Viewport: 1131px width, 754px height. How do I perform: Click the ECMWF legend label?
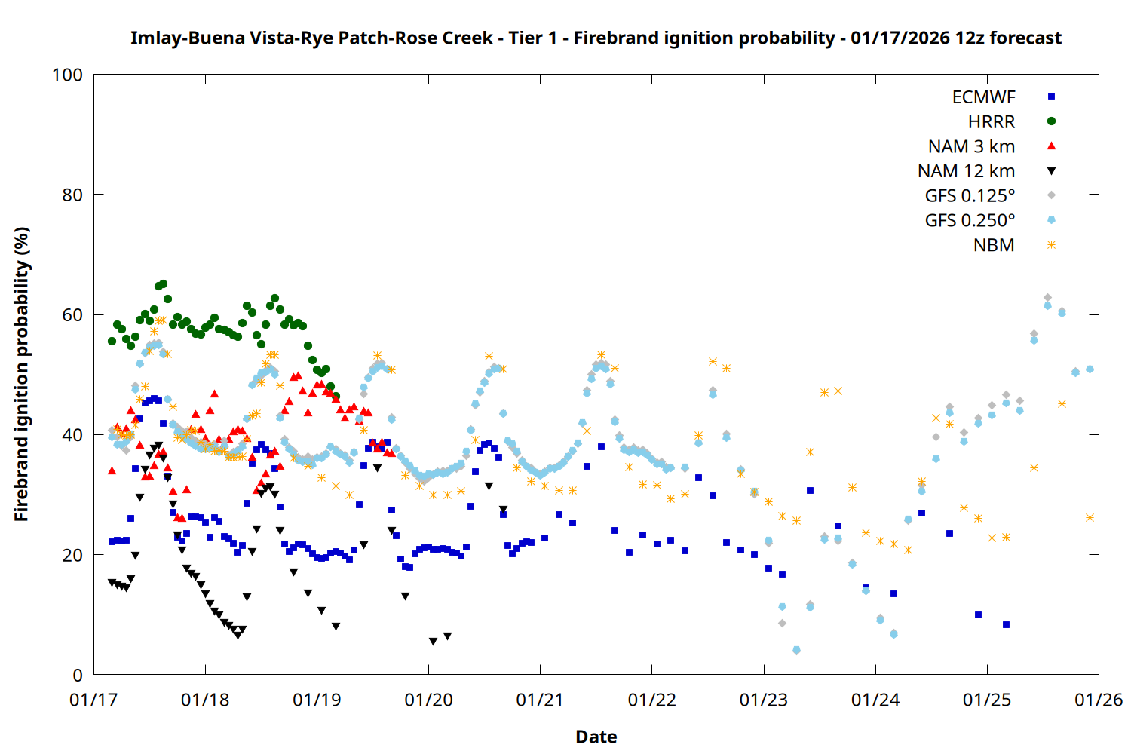pos(983,97)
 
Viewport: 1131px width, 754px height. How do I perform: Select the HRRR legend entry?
pos(992,122)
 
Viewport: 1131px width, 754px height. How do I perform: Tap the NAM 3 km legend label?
pos(971,147)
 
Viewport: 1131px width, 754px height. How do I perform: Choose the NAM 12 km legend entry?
pos(966,172)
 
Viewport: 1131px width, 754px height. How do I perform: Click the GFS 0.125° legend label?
pos(970,197)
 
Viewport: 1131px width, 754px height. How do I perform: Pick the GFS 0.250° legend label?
pos(970,221)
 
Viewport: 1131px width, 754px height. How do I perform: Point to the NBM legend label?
pos(994,246)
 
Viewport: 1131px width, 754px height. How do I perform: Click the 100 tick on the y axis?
pos(67,75)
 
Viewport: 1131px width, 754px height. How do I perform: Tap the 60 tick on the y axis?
pos(72,315)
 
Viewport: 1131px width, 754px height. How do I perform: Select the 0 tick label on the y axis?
pos(78,676)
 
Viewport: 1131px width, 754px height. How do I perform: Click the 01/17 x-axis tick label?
pos(93,700)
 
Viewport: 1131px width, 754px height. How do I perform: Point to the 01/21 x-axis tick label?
pos(540,700)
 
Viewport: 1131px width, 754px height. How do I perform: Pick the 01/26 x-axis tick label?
pos(1099,700)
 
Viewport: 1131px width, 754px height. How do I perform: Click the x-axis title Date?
pos(596,737)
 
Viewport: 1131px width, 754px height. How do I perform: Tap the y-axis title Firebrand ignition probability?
pos(22,374)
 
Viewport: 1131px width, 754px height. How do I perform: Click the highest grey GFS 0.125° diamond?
pos(1047,298)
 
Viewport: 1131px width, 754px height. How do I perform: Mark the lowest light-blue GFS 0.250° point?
pos(796,650)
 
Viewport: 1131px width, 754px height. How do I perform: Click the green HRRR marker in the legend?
pos(1051,121)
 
